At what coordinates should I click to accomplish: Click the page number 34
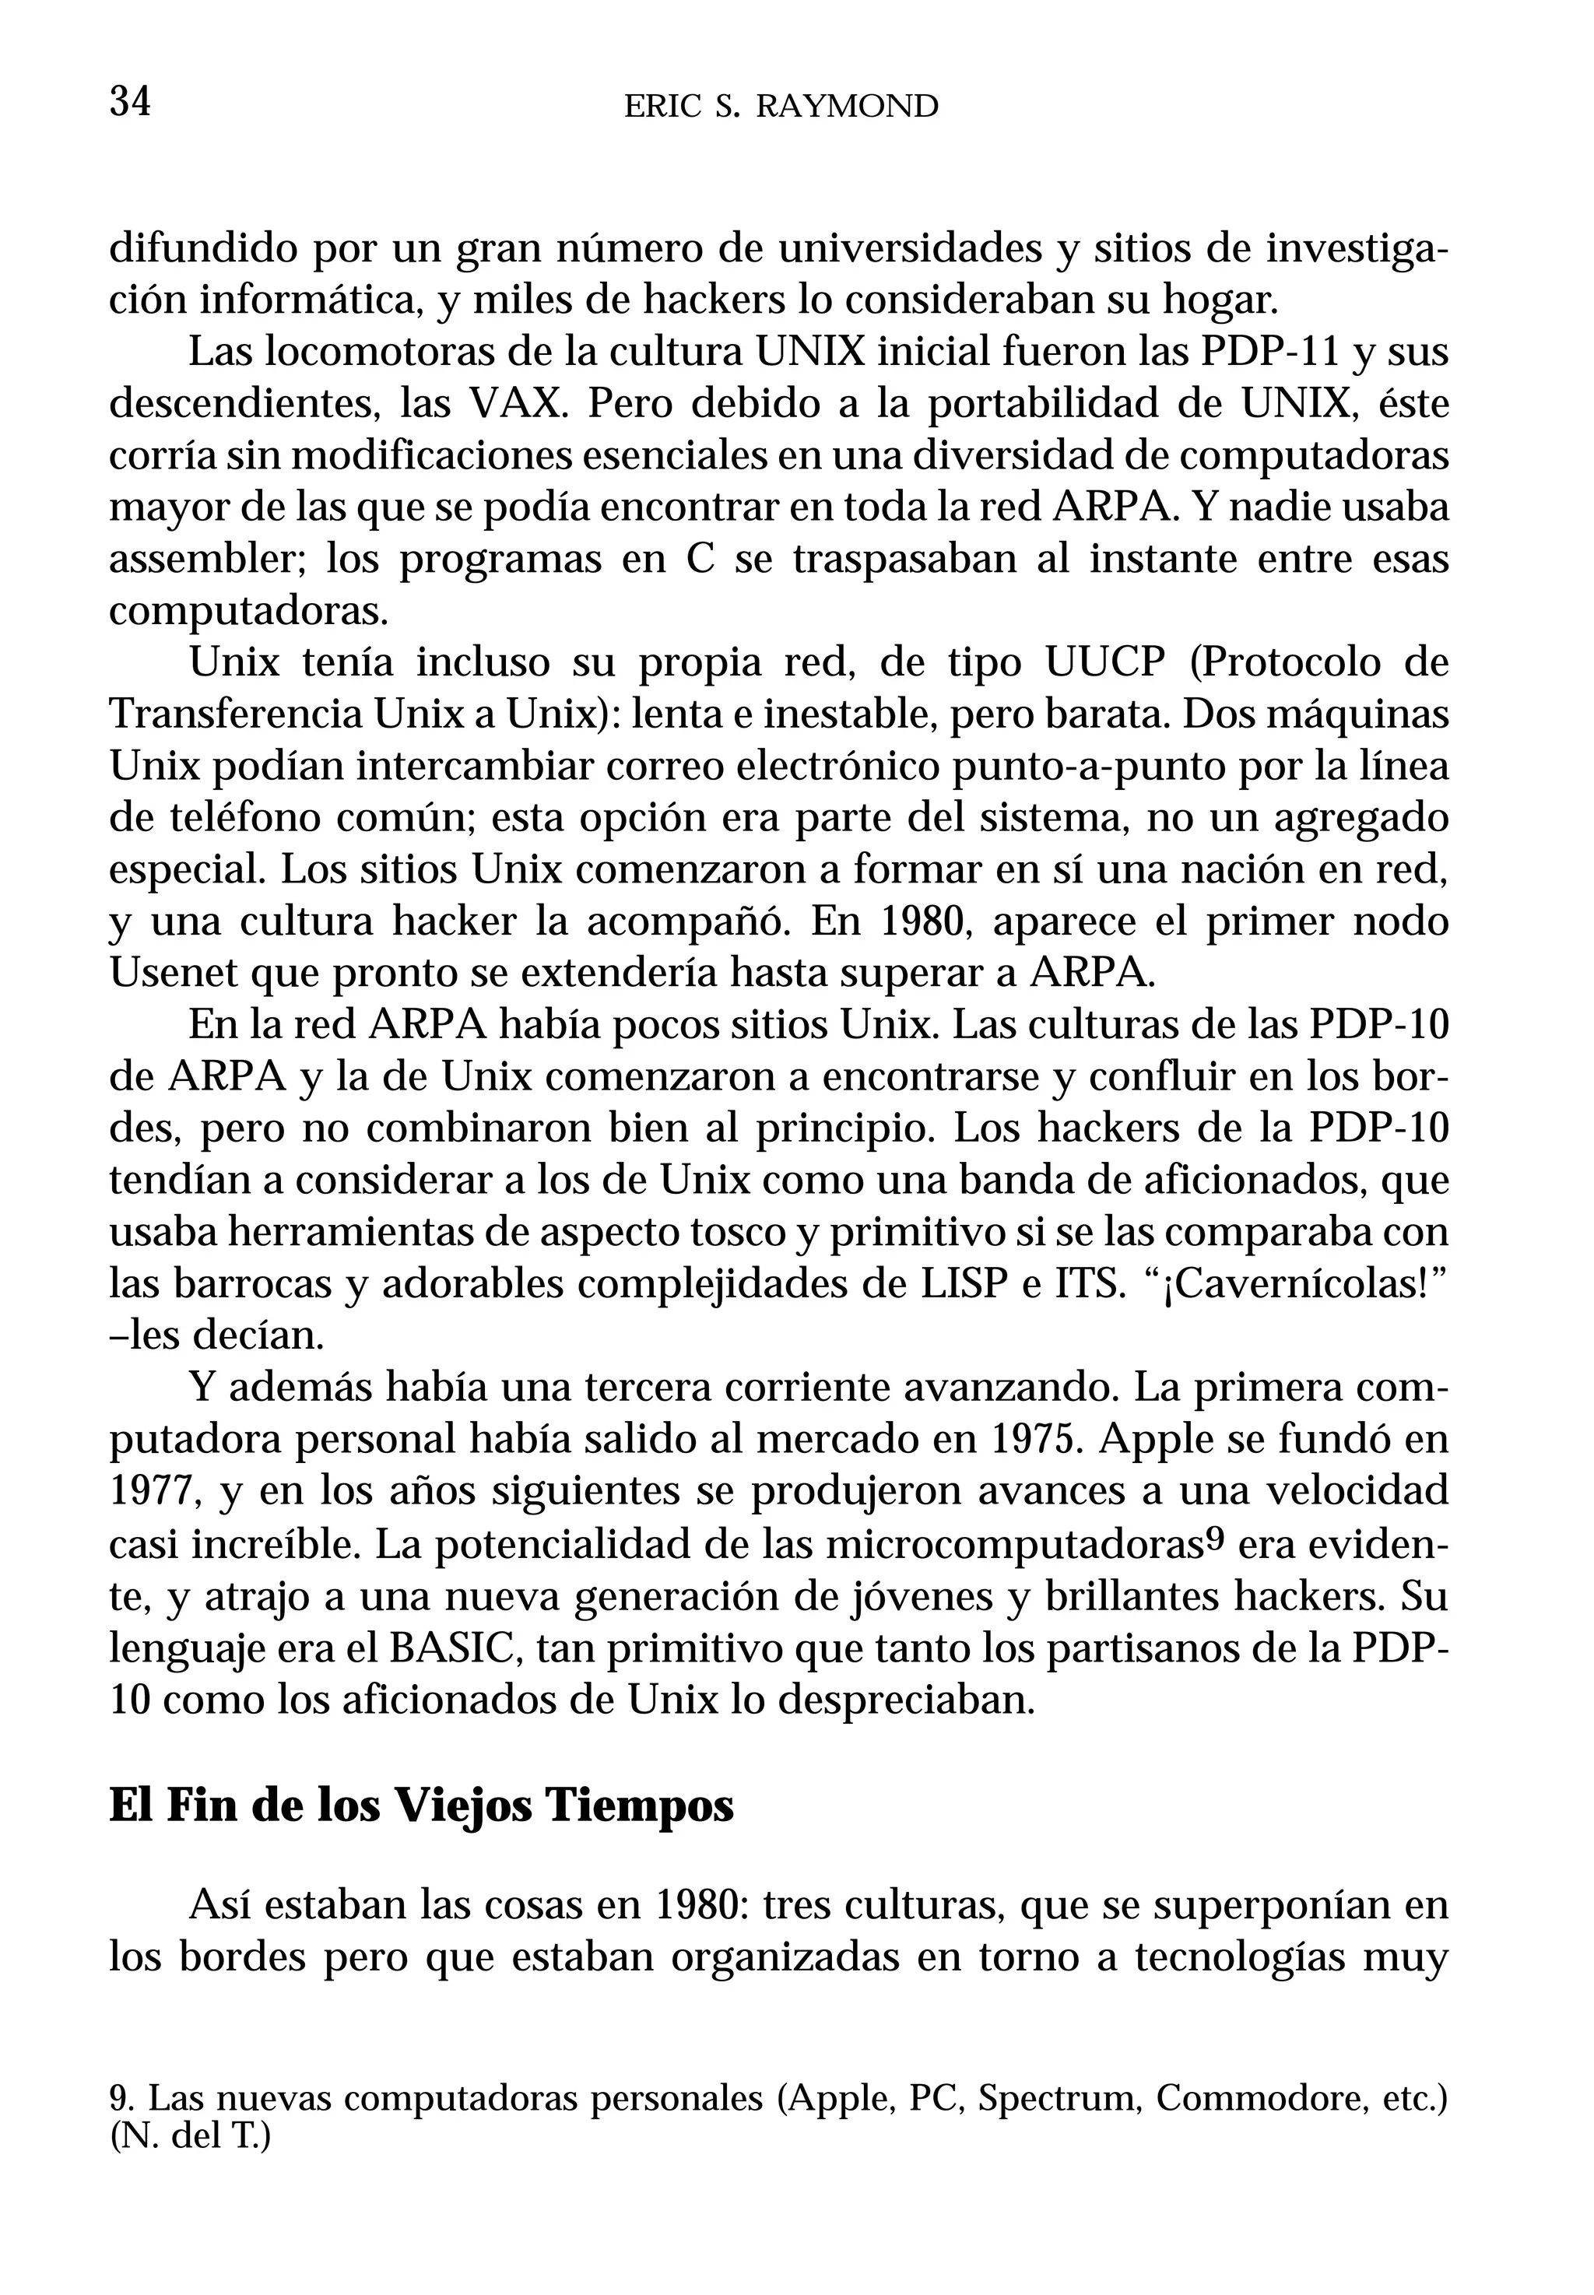pos(130,102)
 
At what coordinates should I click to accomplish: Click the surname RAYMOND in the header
pos(847,106)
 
